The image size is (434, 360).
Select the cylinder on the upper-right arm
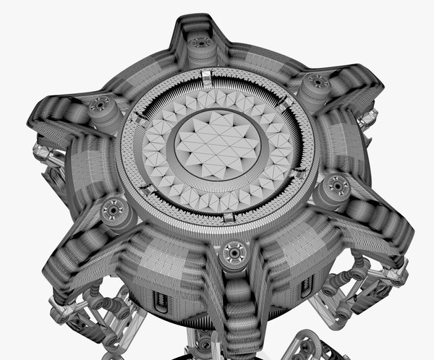click(x=315, y=87)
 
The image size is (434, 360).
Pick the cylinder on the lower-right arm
click(x=334, y=189)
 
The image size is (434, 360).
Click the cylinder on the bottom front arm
click(x=233, y=254)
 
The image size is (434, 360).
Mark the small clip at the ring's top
click(x=207, y=77)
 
